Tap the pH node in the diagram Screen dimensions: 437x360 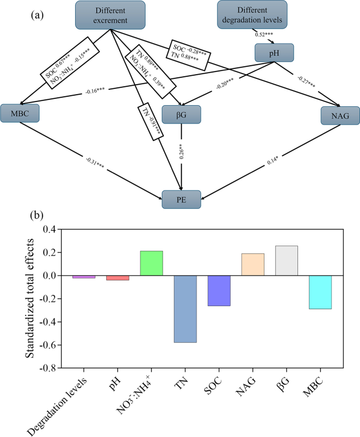click(273, 53)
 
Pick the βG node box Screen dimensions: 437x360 click(181, 114)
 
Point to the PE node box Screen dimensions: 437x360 click(181, 199)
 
